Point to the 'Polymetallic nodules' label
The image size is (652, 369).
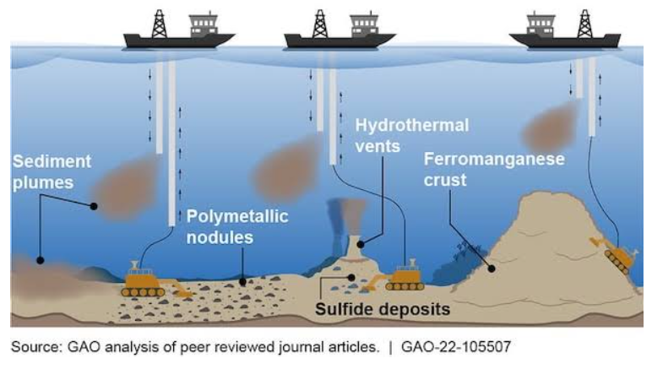click(236, 227)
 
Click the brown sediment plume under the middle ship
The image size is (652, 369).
click(288, 172)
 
